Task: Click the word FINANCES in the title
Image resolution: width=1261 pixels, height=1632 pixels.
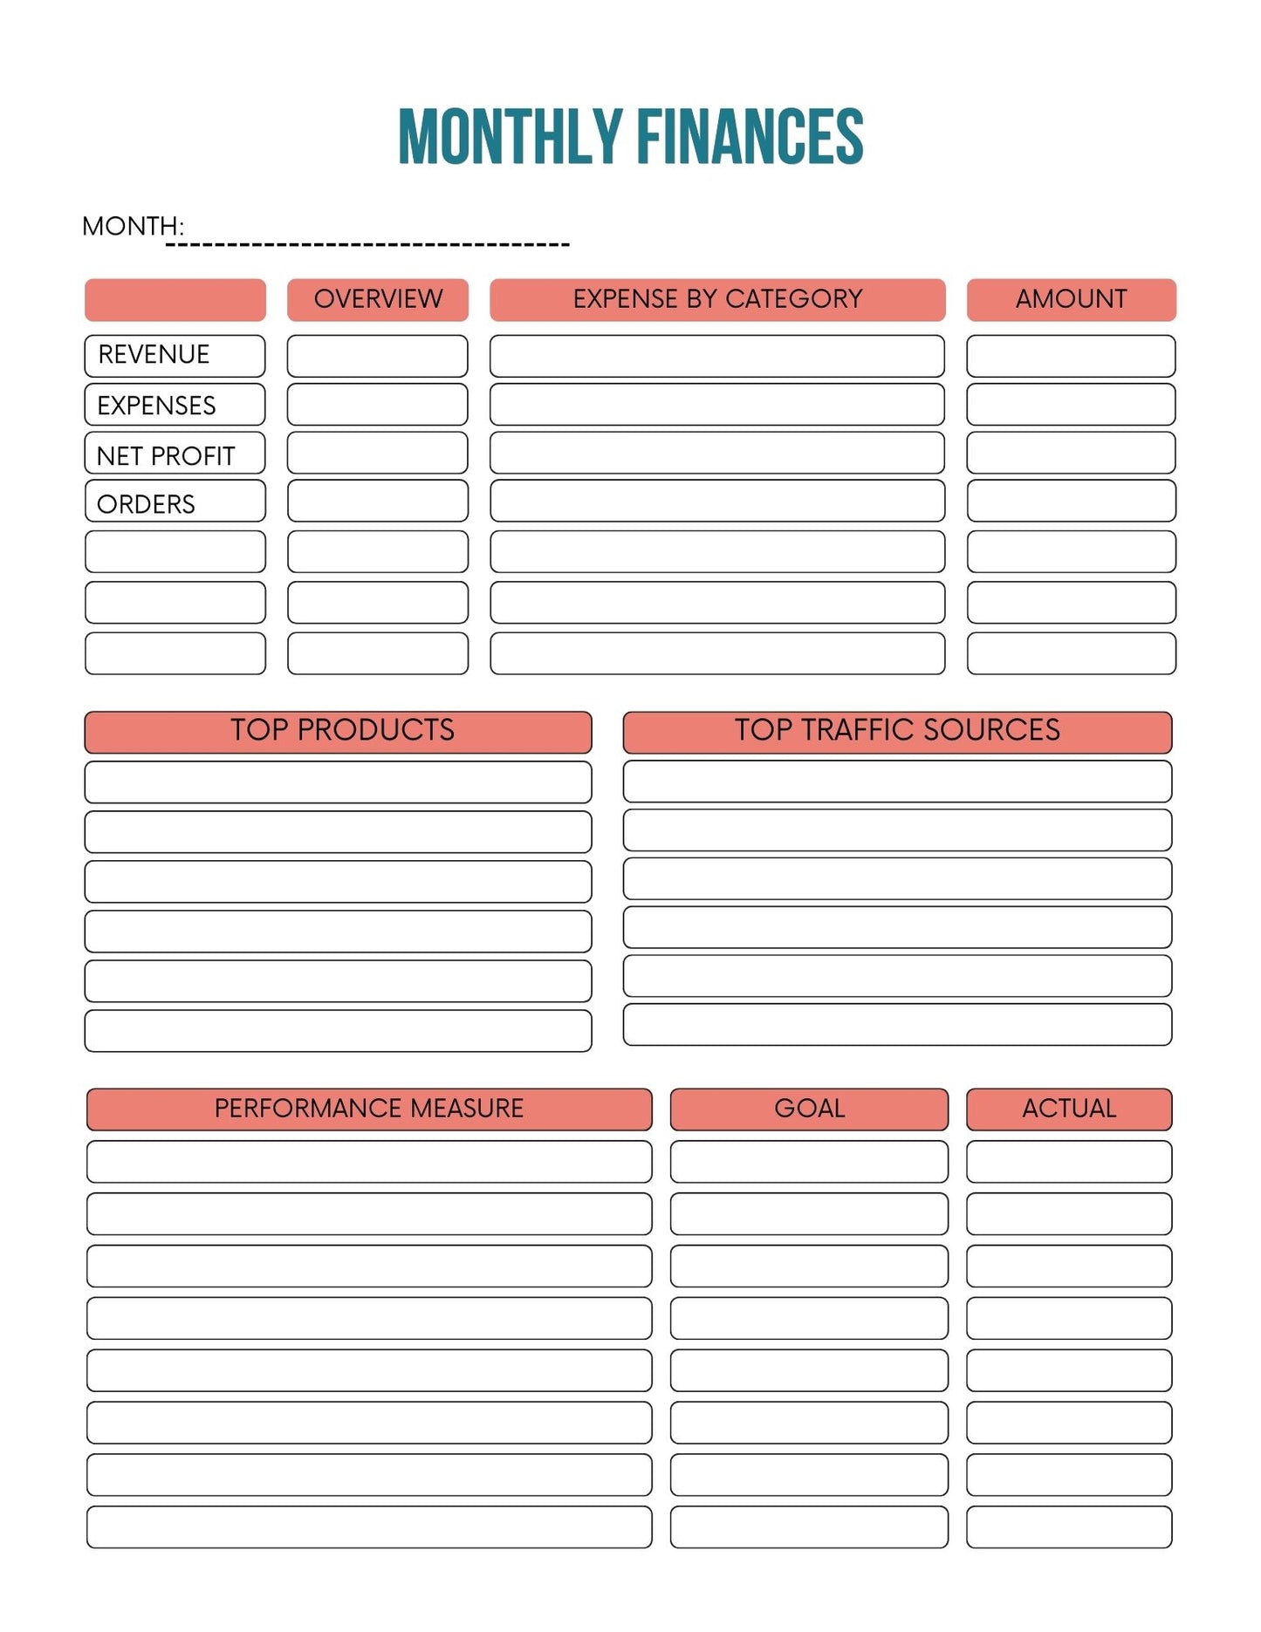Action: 750,137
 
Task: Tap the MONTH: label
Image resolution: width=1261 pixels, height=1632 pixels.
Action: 133,227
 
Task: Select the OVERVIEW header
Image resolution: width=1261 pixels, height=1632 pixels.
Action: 378,299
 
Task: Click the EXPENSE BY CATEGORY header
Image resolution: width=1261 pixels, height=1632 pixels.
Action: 717,299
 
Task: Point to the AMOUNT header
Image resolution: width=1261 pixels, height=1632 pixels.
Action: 1071,299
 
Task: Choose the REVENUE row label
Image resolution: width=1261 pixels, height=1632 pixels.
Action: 154,355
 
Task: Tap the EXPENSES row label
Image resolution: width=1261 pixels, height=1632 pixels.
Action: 156,406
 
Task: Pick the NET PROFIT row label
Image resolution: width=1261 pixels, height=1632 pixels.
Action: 166,455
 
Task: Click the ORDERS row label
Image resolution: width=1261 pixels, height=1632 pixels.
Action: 146,504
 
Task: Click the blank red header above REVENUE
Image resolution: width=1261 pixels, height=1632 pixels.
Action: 175,300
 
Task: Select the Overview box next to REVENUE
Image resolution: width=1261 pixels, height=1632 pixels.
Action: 378,356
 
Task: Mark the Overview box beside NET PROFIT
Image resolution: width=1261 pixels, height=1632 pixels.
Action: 378,454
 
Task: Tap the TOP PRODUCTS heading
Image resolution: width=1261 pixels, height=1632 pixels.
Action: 342,730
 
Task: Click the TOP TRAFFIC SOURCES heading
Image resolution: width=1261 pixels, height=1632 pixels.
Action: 897,730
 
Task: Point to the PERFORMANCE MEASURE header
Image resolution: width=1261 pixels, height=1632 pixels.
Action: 369,1109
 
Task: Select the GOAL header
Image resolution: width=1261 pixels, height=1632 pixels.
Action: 809,1109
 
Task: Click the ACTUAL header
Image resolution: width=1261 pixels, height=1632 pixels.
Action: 1069,1109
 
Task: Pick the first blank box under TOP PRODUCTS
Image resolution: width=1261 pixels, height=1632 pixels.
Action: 338,782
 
